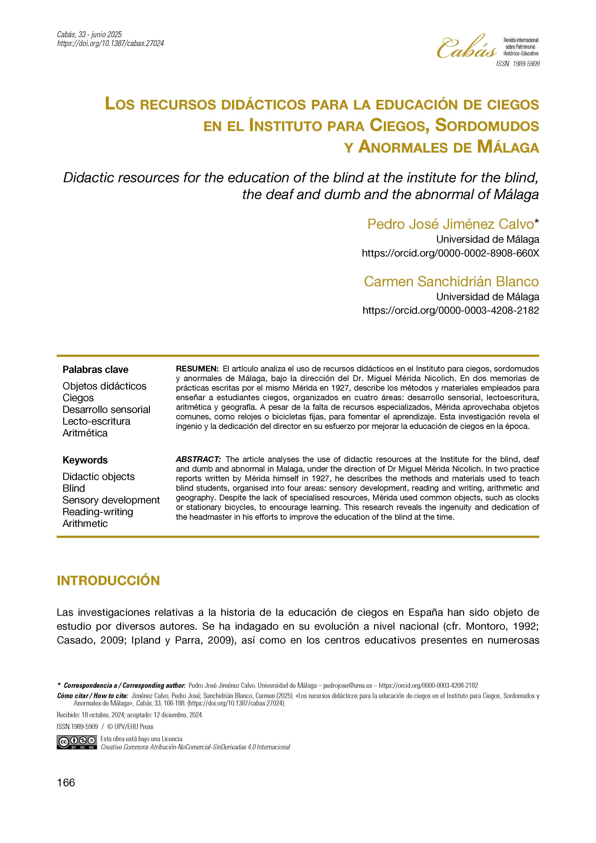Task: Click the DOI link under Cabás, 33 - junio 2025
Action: click(110, 43)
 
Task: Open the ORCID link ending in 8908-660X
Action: click(450, 253)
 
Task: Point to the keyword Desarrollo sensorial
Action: click(106, 409)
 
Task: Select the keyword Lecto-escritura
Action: click(96, 421)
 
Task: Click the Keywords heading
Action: click(85, 460)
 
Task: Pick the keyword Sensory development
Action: click(111, 500)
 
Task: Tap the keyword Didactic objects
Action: click(98, 477)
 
